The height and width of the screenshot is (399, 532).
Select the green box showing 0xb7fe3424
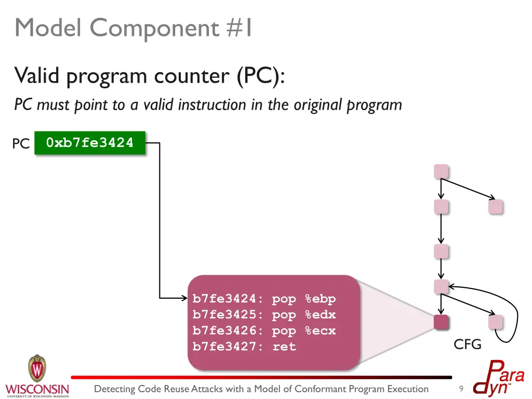[90, 142]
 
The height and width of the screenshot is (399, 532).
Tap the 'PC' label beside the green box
[21, 144]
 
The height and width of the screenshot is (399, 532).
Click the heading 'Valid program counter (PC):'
[149, 76]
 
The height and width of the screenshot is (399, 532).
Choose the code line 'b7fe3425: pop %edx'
[264, 315]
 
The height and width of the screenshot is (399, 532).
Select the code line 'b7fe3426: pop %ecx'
[264, 331]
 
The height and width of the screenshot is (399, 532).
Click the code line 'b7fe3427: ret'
[244, 347]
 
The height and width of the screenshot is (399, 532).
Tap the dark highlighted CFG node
[441, 322]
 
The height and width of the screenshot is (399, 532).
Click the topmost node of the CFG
[441, 171]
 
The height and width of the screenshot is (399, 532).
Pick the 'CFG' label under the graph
[468, 344]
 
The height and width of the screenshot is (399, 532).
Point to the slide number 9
[461, 389]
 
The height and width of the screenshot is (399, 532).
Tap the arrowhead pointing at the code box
[184, 298]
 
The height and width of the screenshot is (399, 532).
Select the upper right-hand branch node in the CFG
[496, 207]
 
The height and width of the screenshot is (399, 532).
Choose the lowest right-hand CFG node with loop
[496, 322]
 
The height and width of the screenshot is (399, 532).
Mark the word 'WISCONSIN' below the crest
[37, 389]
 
